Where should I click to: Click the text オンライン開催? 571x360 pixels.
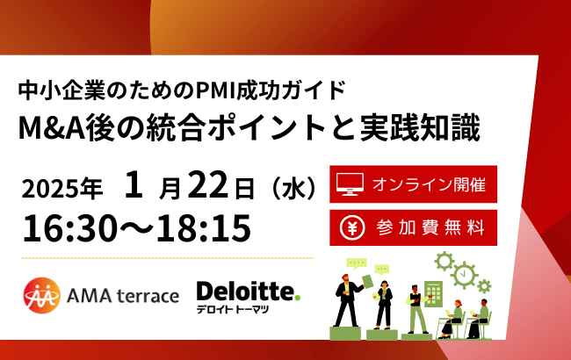[x=428, y=184]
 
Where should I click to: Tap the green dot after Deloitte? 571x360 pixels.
[x=297, y=299]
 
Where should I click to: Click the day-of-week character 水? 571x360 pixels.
[x=293, y=188]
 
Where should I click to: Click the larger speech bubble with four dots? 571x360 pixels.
[x=356, y=263]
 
